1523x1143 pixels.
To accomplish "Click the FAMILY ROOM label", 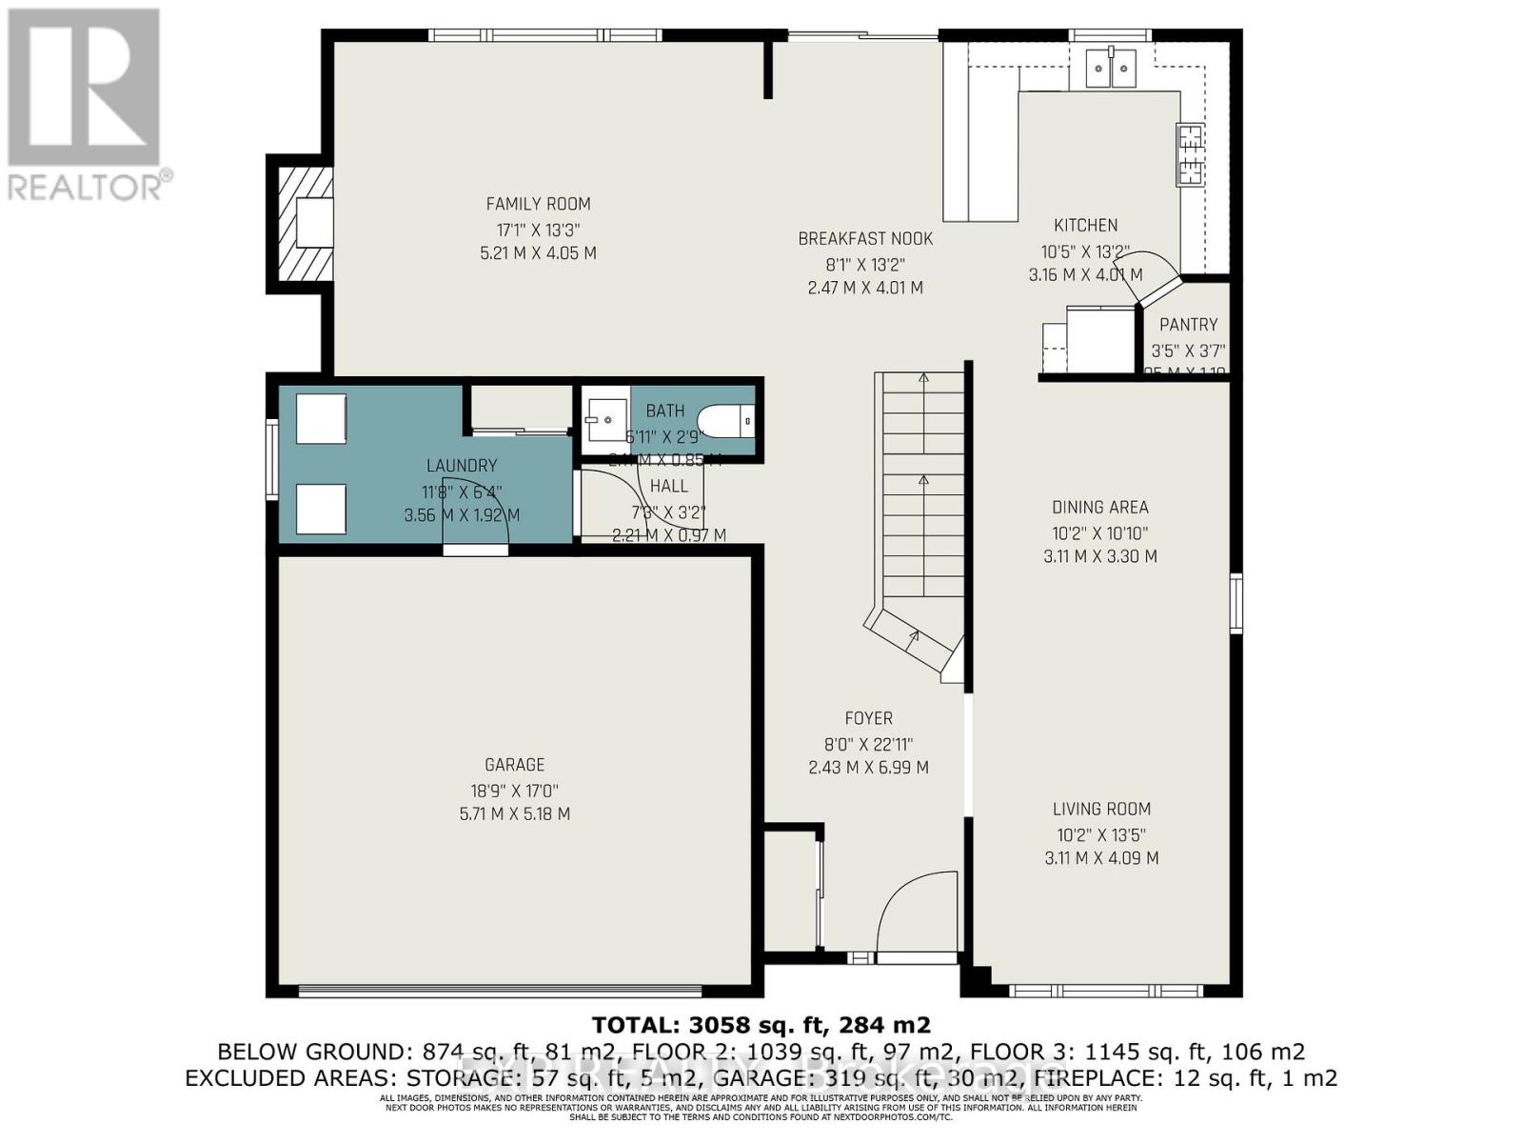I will [x=538, y=204].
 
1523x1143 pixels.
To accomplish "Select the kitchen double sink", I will [x=1112, y=67].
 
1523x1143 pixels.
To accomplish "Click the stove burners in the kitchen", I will [x=1191, y=154].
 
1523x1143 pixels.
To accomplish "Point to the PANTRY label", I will [x=1188, y=325].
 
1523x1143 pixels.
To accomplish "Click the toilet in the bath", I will [x=725, y=420].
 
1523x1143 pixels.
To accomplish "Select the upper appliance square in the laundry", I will [x=321, y=419].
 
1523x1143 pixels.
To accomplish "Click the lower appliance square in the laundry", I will [x=321, y=509].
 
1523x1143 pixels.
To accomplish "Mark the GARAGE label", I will [x=515, y=765].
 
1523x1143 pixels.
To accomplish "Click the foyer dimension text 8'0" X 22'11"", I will [x=867, y=744].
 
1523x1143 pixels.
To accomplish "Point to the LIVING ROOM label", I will [x=1101, y=810].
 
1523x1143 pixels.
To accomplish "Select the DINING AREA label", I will [x=1100, y=508].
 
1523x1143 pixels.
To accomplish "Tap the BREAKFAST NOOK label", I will [x=865, y=239].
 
